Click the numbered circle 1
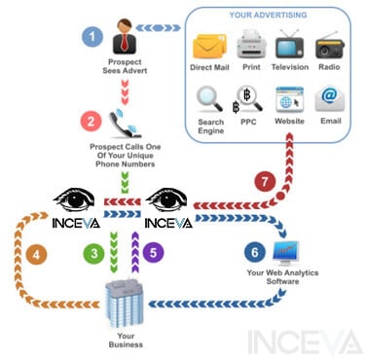pos(92,37)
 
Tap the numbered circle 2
pos(91,122)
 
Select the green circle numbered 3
pos(93,253)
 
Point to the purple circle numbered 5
pos(151,253)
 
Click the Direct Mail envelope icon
pos(209,46)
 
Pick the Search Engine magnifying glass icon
pos(209,99)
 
